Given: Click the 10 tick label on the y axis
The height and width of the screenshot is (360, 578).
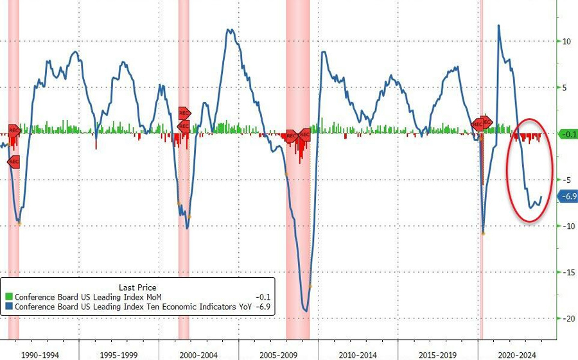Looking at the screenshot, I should [566, 42].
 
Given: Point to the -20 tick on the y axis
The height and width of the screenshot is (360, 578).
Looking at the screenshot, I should [566, 319].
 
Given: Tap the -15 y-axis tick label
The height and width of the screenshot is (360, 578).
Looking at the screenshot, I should [566, 273].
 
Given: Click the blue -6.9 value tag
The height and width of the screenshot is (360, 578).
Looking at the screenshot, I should [568, 197].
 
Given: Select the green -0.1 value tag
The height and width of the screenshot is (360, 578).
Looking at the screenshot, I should [568, 134].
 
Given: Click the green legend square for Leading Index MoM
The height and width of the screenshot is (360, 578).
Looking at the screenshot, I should [8, 297].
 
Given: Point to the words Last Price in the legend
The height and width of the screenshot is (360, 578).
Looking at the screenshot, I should [137, 287].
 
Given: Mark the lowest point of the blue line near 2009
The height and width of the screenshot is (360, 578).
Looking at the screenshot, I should [306, 312].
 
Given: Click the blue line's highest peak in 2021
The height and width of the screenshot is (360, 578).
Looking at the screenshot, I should [499, 26].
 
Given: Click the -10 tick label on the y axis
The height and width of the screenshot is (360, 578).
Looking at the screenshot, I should [566, 227].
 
